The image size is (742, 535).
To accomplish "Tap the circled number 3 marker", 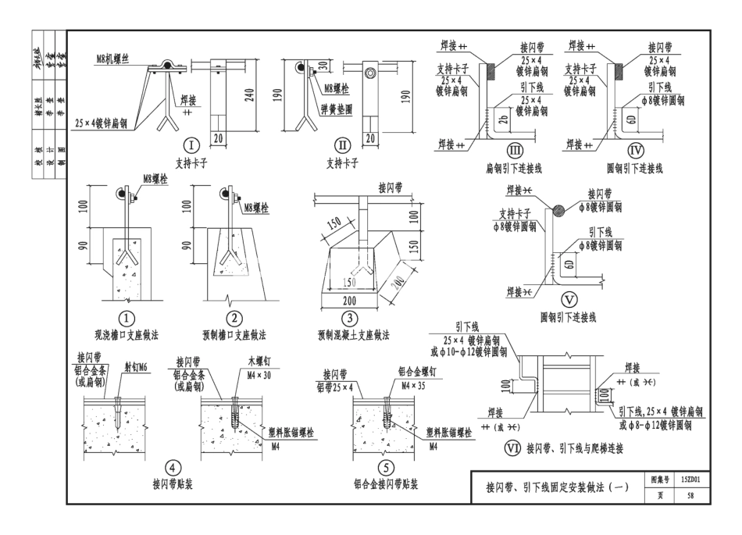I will pos(352,318).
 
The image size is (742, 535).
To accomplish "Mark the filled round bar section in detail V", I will pos(558,209).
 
